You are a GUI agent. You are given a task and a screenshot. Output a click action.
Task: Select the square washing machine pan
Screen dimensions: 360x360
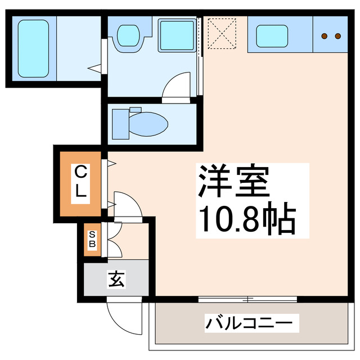pyautogui.click(x=176, y=35)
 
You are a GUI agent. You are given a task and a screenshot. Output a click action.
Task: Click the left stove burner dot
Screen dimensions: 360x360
pyautogui.click(x=325, y=36)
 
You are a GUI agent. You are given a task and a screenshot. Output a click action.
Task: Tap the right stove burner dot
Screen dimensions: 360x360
pyautogui.click(x=337, y=36)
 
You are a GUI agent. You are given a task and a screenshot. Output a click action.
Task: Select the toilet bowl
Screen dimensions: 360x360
pyautogui.click(x=147, y=123)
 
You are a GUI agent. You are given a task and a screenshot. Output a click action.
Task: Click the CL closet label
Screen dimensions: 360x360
pyautogui.click(x=81, y=181)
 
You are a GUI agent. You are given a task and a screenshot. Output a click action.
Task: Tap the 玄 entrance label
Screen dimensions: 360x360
pyautogui.click(x=116, y=278)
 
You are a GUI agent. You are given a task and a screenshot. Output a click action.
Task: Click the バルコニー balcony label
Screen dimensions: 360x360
pyautogui.click(x=249, y=325)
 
